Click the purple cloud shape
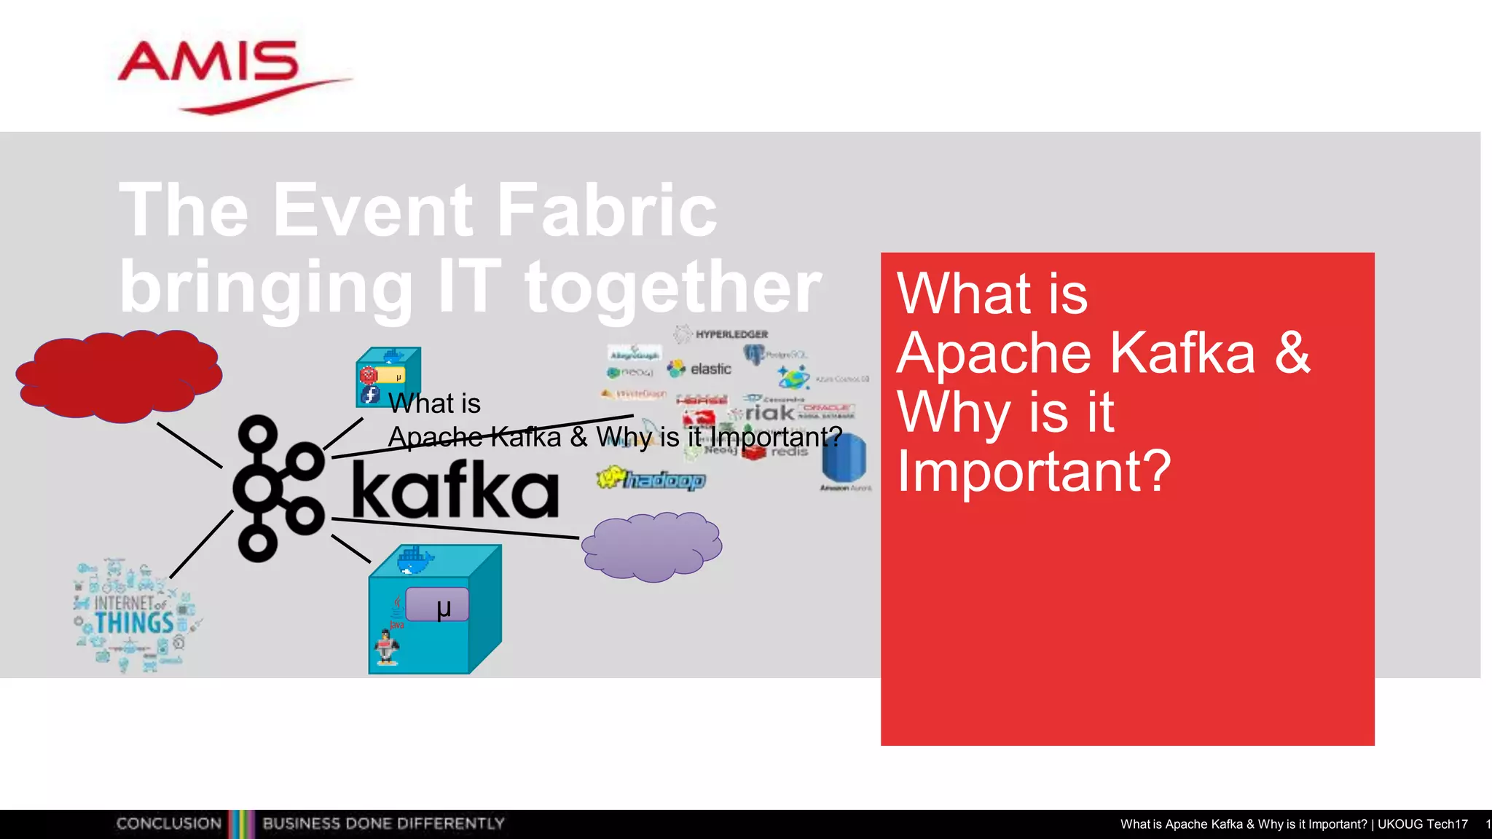point(652,546)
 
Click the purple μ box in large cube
point(437,605)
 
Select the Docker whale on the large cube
point(415,561)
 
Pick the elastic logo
point(699,369)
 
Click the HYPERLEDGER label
point(731,334)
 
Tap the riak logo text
point(769,413)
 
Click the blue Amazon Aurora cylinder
point(844,457)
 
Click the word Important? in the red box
point(1033,472)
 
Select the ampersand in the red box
point(1292,353)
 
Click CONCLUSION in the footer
point(168,824)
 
